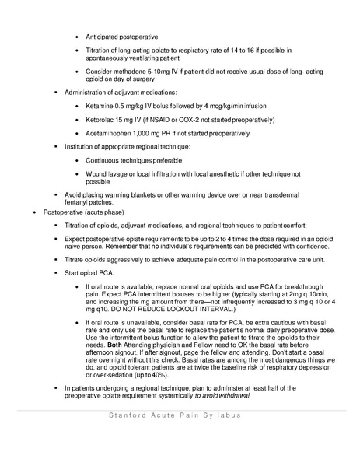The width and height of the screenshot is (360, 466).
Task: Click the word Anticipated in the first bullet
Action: coord(105,37)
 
